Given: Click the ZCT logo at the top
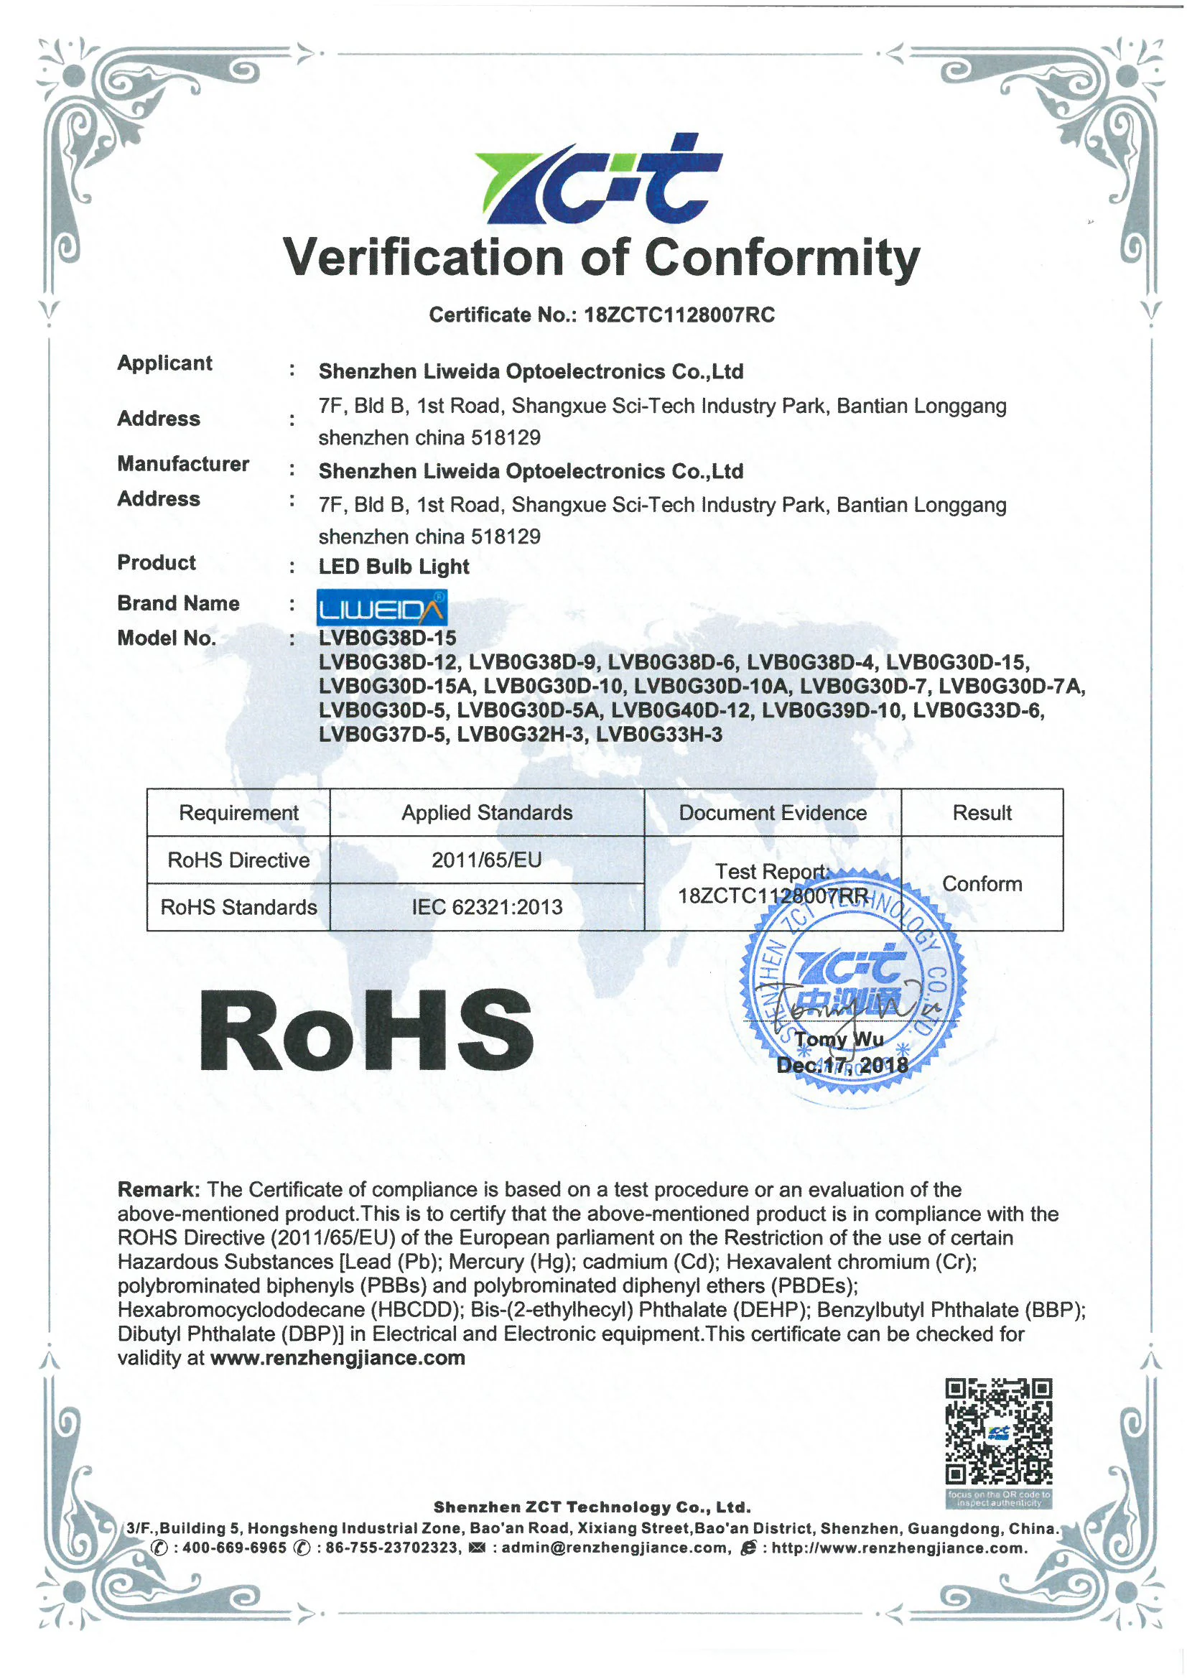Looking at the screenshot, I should point(598,179).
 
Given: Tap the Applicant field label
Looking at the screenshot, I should point(164,363).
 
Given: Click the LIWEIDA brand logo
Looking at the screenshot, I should point(381,608).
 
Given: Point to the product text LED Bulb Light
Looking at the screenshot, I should point(394,567).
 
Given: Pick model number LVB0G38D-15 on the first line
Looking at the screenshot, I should point(387,638).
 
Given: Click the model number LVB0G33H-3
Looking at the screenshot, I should point(659,734).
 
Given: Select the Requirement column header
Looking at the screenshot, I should point(238,812).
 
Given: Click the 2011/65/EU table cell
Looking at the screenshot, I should point(486,860).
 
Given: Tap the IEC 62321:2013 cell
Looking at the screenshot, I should point(486,908).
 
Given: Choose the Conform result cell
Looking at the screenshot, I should point(982,884).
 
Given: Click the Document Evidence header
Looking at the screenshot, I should point(773,812).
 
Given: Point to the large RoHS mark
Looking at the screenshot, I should point(366,1032).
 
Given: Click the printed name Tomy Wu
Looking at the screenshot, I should point(839,1039).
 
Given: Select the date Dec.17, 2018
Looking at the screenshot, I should point(842,1066).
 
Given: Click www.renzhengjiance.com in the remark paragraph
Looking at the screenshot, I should point(338,1358).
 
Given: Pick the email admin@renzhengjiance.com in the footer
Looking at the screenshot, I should point(615,1548).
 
